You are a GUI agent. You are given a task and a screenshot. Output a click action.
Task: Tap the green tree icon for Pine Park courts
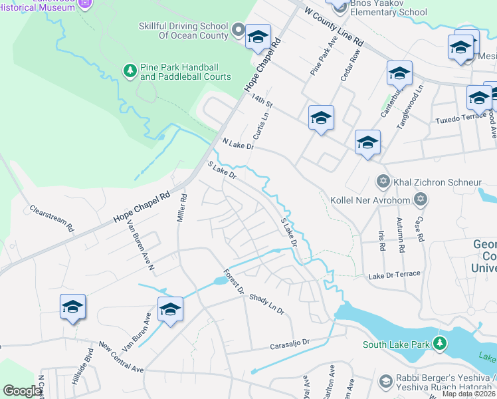point(130,69)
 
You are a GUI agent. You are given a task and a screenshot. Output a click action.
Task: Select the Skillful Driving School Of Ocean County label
point(183,30)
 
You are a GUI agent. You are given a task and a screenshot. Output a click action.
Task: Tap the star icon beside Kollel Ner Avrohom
point(420,199)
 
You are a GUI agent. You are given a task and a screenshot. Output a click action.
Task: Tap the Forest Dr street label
point(234,282)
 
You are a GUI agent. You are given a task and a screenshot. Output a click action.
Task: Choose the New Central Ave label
point(121,357)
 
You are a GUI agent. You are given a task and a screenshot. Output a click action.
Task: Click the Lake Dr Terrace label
point(395,274)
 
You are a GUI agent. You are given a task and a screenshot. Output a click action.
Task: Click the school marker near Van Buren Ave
point(170,309)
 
